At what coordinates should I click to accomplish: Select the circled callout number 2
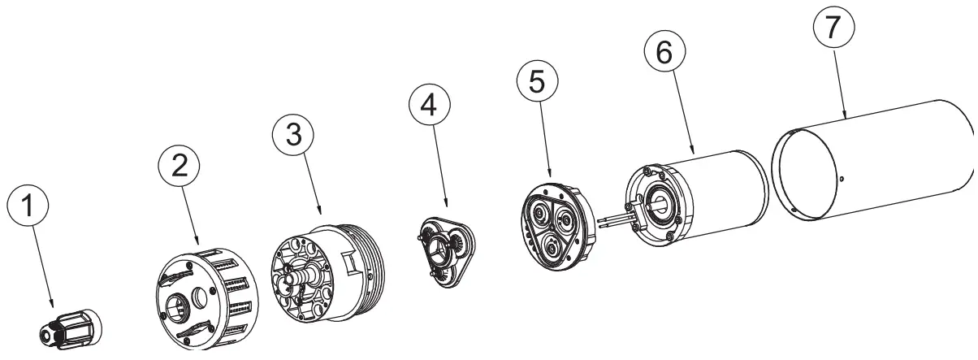coord(179,165)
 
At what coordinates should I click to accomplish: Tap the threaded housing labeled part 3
coord(329,273)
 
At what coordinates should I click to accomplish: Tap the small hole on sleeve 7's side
coord(842,178)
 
